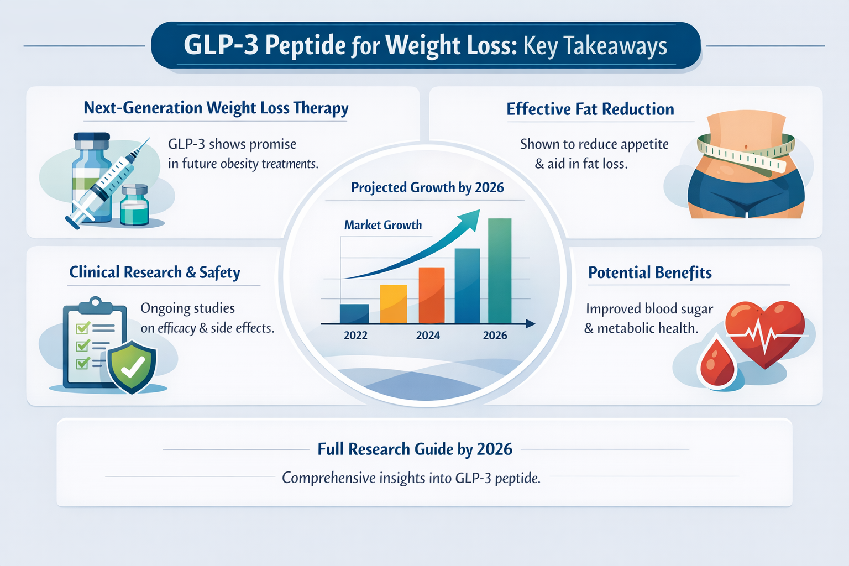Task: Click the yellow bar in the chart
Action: click(x=393, y=303)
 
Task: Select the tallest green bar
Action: click(x=500, y=270)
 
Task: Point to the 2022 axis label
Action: click(x=355, y=336)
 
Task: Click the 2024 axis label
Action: click(x=428, y=336)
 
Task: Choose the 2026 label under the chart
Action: click(x=495, y=336)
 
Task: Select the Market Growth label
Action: click(x=382, y=225)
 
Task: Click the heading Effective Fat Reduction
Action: click(x=590, y=109)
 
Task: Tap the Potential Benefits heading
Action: click(x=649, y=272)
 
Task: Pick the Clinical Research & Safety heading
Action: click(x=155, y=272)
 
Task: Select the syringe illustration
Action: click(x=108, y=182)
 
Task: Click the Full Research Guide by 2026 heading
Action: click(x=415, y=449)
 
